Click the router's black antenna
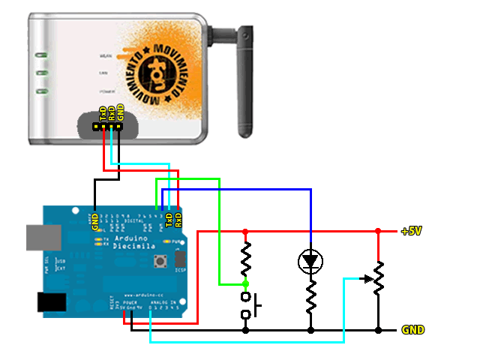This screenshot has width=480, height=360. (244, 82)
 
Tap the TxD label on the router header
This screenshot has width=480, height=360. (103, 114)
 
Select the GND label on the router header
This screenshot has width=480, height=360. (120, 113)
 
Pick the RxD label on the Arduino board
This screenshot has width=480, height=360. (178, 219)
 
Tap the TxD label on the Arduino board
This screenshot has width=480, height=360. (169, 219)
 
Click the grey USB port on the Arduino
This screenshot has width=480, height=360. (40, 237)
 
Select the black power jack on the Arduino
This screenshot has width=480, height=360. (52, 302)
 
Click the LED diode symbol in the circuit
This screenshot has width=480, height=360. (310, 261)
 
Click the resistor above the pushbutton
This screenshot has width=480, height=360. (245, 259)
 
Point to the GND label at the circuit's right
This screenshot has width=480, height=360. (413, 330)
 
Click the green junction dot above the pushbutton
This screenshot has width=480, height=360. (245, 284)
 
